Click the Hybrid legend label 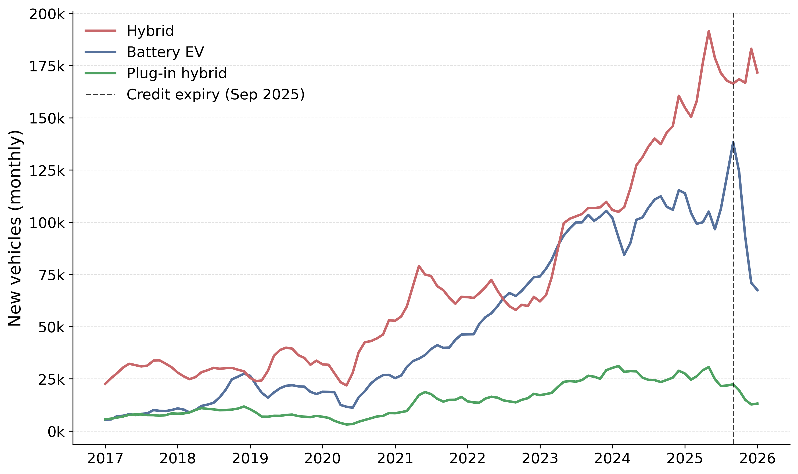point(150,31)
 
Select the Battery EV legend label point(165,52)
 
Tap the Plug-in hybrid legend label point(177,73)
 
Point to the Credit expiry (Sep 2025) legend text point(215,94)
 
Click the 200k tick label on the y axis point(47,14)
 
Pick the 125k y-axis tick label point(47,171)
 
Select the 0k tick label point(56,432)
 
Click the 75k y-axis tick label point(52,275)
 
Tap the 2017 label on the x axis point(105,459)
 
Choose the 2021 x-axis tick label point(395,459)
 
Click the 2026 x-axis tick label point(757,459)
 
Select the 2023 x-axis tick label point(540,459)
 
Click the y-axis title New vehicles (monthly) point(15,228)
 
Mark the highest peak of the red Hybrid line point(709,31)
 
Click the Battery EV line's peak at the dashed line point(733,142)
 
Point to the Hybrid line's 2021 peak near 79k point(419,266)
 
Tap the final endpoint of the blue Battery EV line point(758,291)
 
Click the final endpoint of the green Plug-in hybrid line point(758,404)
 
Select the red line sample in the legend point(100,31)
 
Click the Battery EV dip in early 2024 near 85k point(624,254)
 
